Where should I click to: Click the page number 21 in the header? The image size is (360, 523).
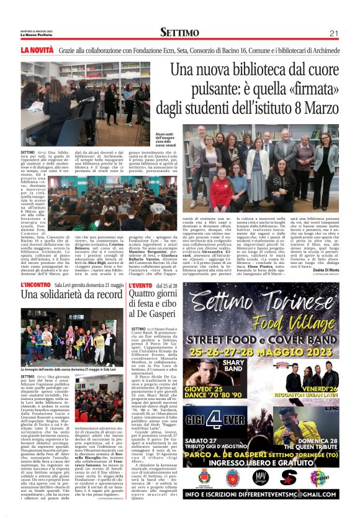(333, 33)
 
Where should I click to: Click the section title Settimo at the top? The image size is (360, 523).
(179, 32)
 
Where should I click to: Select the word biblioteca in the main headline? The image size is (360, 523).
(264, 70)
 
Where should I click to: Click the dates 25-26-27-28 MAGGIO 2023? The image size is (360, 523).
(265, 350)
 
